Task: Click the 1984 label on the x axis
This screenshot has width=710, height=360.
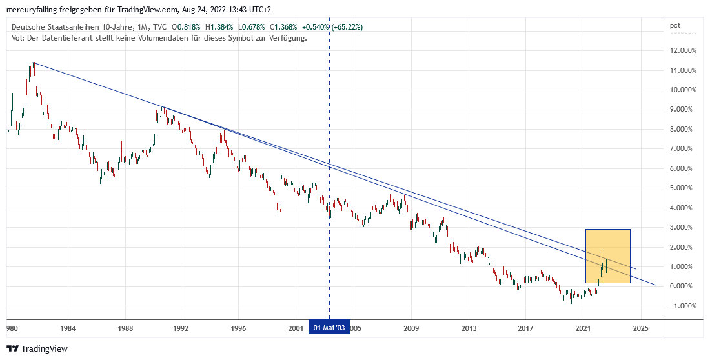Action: [x=68, y=328]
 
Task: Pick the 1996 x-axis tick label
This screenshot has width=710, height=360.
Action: [x=238, y=328]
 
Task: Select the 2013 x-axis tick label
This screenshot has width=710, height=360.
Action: [x=469, y=328]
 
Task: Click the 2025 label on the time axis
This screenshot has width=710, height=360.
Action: [x=640, y=328]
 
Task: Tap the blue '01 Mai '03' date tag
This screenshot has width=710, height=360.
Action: [x=330, y=328]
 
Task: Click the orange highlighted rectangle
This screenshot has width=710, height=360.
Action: [x=608, y=255]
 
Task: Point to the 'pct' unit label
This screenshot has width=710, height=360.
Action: [x=675, y=26]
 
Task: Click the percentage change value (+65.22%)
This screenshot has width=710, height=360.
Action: [x=346, y=27]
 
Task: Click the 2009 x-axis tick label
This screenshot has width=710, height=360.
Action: [x=411, y=328]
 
